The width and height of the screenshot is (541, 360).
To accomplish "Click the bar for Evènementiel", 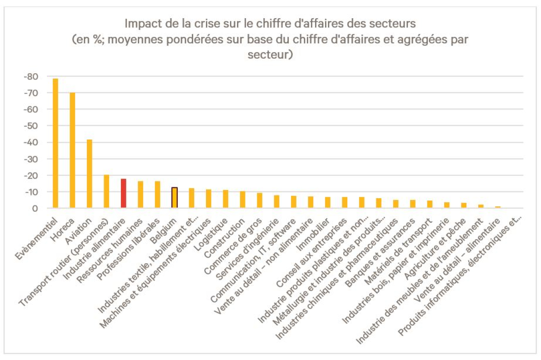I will coord(55,143).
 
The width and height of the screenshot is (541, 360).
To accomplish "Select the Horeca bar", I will coord(72,150).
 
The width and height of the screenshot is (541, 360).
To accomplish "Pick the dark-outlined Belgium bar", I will coord(174,198).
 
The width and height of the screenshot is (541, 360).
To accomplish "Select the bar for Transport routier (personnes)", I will coord(106,191).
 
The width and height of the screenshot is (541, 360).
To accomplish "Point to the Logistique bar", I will coord(225,199).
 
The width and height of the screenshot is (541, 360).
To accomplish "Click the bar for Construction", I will coord(242,200).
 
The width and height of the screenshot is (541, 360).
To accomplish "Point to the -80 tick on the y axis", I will coord(30,76).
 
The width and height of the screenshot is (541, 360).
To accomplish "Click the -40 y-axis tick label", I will coord(30,142).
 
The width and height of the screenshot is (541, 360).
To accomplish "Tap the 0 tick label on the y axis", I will coord(34,208).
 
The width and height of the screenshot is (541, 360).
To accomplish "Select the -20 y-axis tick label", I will coord(30,175).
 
